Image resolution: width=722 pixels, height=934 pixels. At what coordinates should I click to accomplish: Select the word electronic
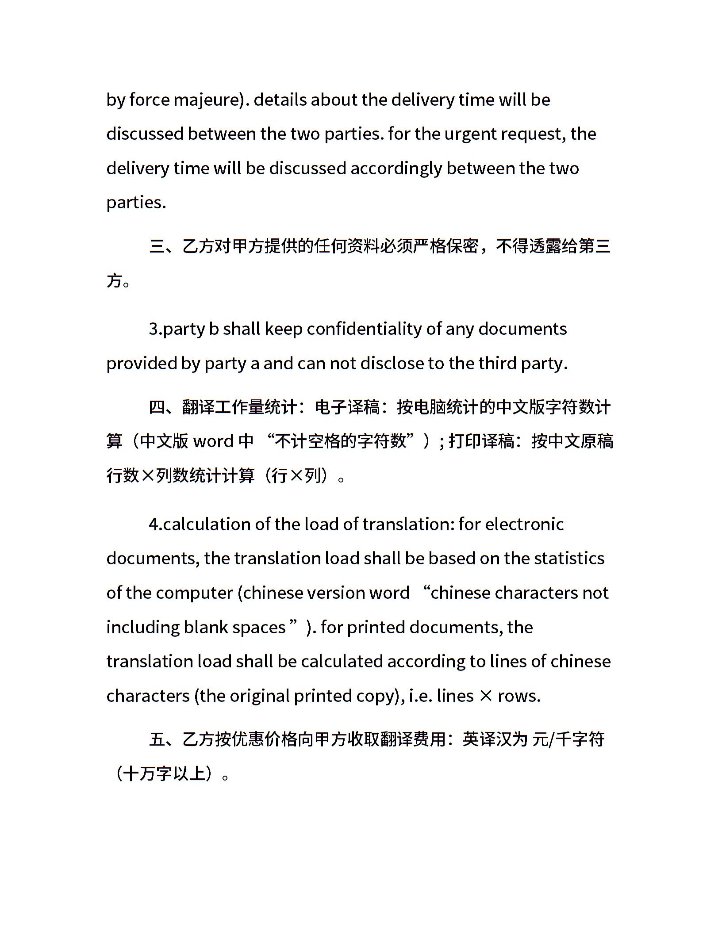524,524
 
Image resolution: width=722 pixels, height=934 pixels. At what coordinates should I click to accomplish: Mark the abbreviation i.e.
421,696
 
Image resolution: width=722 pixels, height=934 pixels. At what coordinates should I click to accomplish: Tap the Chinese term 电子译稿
347,407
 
